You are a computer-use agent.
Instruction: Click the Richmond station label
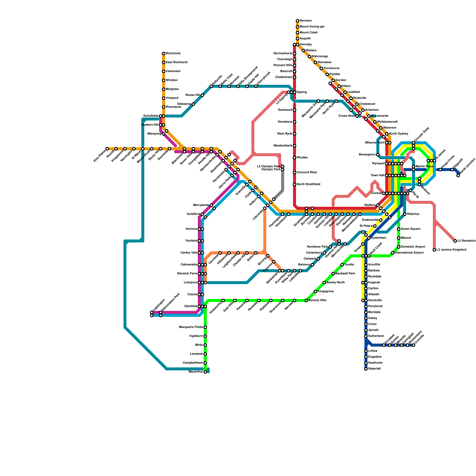pyautogui.click(x=173, y=54)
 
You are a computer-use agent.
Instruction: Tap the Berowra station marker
pyautogui.click(x=297, y=21)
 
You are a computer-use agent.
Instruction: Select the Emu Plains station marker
pyautogui.click(x=107, y=149)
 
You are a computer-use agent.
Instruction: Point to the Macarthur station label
pyautogui.click(x=196, y=372)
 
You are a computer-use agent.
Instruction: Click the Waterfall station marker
pyautogui.click(x=366, y=369)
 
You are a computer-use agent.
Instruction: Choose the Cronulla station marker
pyautogui.click(x=414, y=345)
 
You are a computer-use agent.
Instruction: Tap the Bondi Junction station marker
pyautogui.click(x=458, y=176)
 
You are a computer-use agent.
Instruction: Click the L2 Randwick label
pyautogui.click(x=466, y=241)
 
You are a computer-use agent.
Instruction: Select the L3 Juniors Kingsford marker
pyautogui.click(x=434, y=250)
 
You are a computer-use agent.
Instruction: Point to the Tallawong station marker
pyautogui.click(x=193, y=104)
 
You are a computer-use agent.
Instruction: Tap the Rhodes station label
pyautogui.click(x=302, y=158)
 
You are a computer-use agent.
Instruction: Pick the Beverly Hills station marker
pyautogui.click(x=306, y=300)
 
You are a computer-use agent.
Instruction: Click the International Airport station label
pyautogui.click(x=409, y=253)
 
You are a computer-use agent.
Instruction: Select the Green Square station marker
pyautogui.click(x=399, y=229)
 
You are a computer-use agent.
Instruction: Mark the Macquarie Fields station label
pyautogui.click(x=191, y=327)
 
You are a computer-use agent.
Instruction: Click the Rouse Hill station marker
pyautogui.click(x=202, y=95)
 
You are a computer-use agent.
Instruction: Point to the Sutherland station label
pyautogui.click(x=376, y=336)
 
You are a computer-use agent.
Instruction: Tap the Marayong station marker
pyautogui.click(x=164, y=134)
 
